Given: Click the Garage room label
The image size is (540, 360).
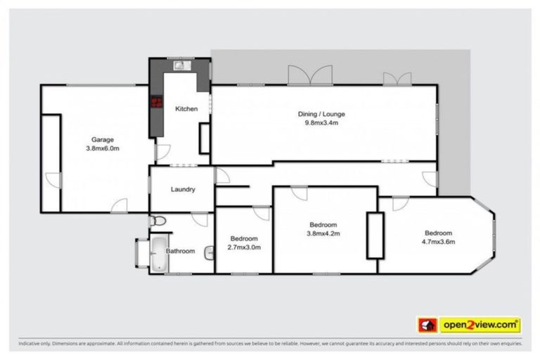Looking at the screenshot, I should pos(102,139).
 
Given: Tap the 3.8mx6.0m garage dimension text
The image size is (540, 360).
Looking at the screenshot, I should pos(102,148).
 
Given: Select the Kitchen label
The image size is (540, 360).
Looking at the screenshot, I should pos(186,109).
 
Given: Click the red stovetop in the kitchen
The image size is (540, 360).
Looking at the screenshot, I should pos(154,105).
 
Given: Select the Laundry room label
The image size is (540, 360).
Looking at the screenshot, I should pos(183,189).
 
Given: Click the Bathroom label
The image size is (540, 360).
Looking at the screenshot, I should pos(180,251).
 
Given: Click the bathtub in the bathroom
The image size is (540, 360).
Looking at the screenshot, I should pos(156,255).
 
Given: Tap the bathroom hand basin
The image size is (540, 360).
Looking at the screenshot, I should pos(209,252).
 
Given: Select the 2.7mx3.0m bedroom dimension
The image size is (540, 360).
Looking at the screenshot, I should pos(243,247).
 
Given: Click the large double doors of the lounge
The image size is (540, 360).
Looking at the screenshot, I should pos(309,75).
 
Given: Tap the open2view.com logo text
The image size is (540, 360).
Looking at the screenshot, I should pos(480,325).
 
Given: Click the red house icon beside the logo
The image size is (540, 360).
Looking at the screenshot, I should pos(427,325).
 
